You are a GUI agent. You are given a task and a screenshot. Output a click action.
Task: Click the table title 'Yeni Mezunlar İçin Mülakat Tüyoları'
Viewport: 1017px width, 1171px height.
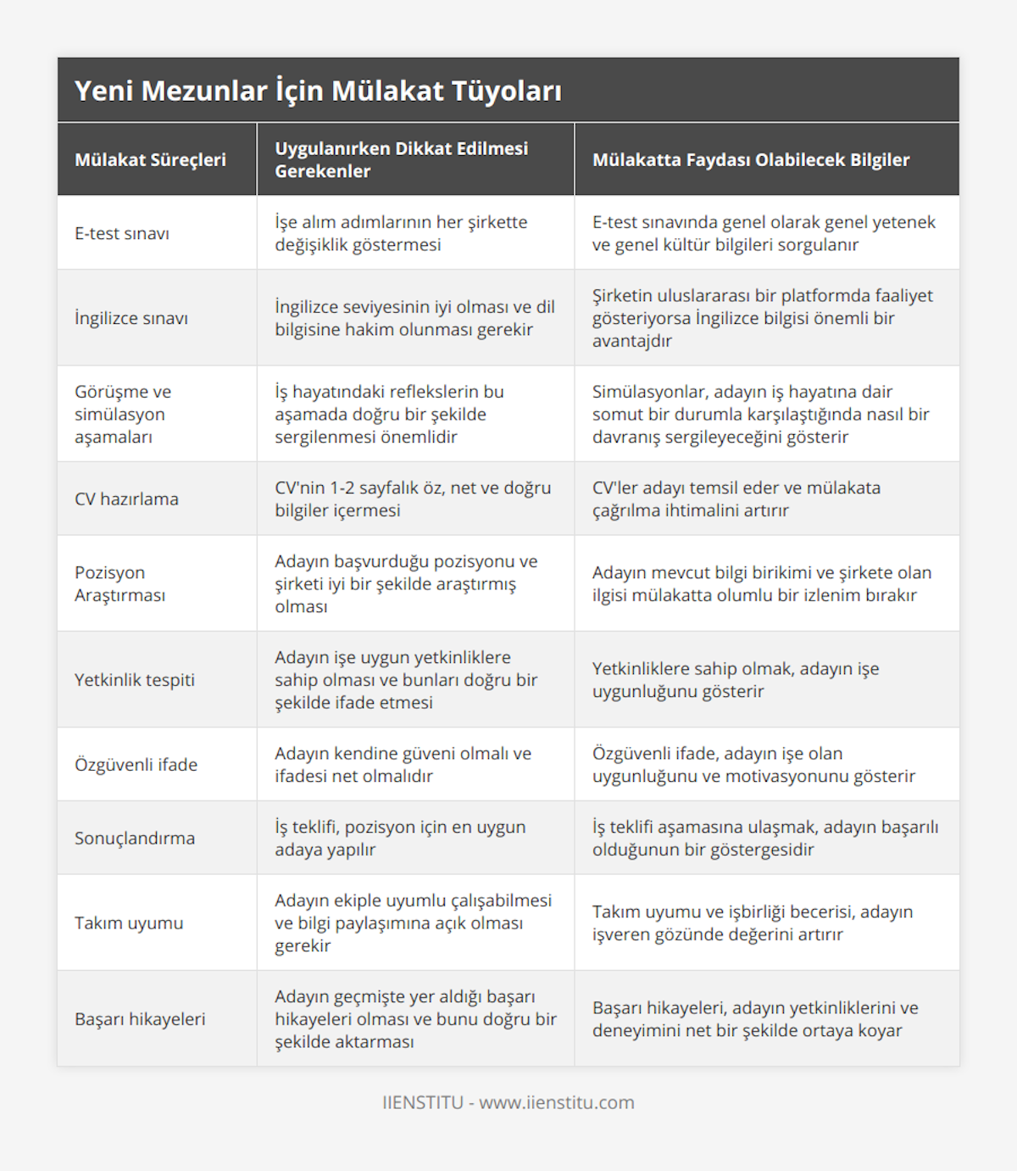pyautogui.click(x=318, y=91)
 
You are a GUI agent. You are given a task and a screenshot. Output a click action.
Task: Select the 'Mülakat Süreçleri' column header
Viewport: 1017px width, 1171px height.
pyautogui.click(x=150, y=159)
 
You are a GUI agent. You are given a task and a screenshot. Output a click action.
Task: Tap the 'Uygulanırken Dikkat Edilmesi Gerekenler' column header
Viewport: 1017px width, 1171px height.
pyautogui.click(x=401, y=159)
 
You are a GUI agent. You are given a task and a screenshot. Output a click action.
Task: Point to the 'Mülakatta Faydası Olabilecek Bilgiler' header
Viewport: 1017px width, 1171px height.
pyautogui.click(x=750, y=159)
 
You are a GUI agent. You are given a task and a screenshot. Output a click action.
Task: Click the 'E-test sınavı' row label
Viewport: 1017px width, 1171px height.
pyautogui.click(x=122, y=233)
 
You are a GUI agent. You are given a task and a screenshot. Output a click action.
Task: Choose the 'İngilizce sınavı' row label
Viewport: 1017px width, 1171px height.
pyautogui.click(x=131, y=318)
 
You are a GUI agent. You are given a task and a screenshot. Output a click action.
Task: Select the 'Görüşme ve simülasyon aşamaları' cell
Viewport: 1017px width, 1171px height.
pyautogui.click(x=123, y=414)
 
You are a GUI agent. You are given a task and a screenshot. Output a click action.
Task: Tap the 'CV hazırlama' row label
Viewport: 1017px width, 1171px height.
pyautogui.click(x=126, y=499)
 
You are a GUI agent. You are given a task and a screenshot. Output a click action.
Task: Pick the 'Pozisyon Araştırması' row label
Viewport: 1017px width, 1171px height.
pyautogui.click(x=119, y=583)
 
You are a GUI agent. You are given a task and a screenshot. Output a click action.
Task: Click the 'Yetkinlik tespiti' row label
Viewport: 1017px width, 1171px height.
pyautogui.click(x=135, y=679)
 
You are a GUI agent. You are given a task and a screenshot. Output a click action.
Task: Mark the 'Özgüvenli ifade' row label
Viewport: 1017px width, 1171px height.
pyautogui.click(x=136, y=764)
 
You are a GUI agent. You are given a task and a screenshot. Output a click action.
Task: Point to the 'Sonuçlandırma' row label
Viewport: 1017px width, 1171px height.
pyautogui.click(x=135, y=838)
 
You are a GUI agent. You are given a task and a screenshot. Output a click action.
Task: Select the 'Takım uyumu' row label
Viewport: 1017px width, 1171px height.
pyautogui.click(x=129, y=923)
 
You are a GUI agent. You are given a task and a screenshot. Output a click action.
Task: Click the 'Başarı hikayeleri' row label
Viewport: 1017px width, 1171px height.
pyautogui.click(x=140, y=1018)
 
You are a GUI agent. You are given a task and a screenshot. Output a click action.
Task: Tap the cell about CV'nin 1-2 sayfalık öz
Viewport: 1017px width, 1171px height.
pyautogui.click(x=413, y=499)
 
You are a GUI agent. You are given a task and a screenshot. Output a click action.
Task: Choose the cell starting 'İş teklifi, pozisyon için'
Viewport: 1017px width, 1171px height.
pyautogui.click(x=400, y=838)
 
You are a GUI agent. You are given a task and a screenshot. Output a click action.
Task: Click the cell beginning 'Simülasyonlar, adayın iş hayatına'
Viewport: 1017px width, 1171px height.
pyautogui.click(x=760, y=414)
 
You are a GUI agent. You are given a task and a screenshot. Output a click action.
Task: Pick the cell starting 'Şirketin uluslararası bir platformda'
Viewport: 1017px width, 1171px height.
pyautogui.click(x=762, y=318)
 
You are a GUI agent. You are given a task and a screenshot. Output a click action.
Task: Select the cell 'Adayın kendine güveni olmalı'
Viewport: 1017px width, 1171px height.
pyautogui.click(x=403, y=764)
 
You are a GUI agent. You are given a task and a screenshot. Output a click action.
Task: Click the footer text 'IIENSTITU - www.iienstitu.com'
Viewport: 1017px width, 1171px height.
pyautogui.click(x=508, y=1102)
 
